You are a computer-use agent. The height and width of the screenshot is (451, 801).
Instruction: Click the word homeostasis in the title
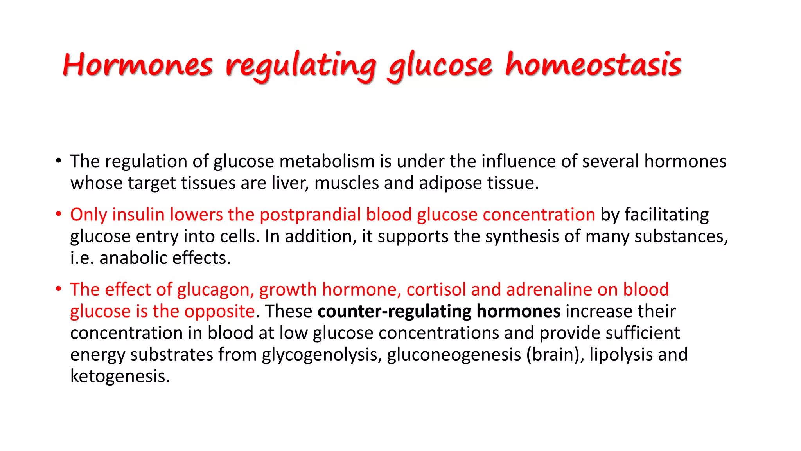tap(593, 65)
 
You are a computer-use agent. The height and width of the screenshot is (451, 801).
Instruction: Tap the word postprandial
tap(310, 215)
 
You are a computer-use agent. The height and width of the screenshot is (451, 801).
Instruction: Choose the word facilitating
tap(666, 215)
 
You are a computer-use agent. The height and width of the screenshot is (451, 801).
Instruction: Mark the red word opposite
tap(219, 311)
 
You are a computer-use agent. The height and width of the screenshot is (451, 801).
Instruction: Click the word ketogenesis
tap(120, 376)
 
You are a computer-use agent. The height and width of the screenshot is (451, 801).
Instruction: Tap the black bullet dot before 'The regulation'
tap(59, 161)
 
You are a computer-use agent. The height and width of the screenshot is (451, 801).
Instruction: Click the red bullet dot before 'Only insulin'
tap(59, 214)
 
